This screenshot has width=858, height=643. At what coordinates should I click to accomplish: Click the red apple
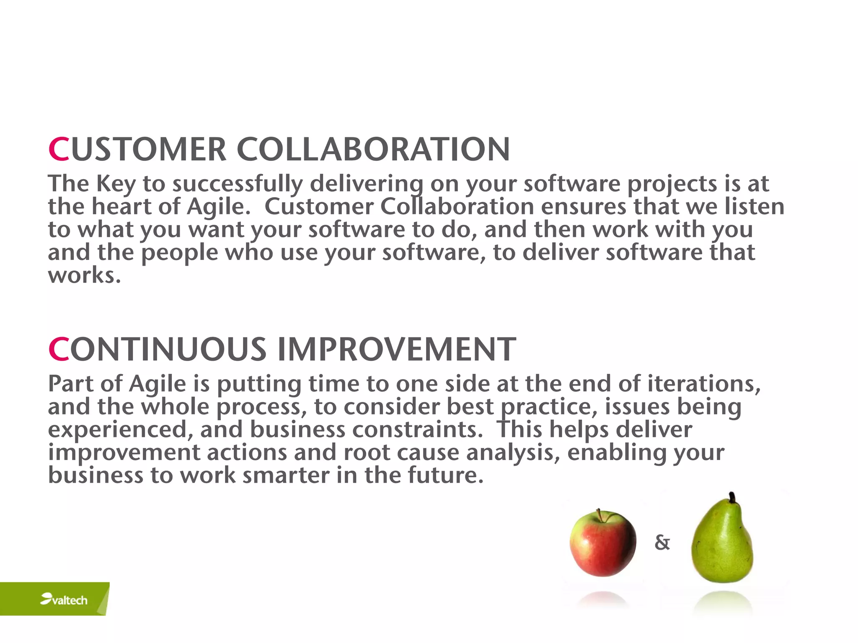(602, 543)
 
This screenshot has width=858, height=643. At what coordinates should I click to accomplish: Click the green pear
(722, 544)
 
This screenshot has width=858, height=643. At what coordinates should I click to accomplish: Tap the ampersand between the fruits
(662, 543)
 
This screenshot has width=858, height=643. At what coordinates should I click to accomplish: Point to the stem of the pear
(732, 498)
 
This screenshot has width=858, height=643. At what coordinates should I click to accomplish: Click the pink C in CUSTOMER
(58, 149)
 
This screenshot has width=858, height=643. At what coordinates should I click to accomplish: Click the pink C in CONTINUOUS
(58, 350)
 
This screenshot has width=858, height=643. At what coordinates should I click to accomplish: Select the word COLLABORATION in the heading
(373, 149)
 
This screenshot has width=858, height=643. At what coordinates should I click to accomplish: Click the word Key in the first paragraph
(116, 184)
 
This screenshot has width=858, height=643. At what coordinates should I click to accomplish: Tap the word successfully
(238, 184)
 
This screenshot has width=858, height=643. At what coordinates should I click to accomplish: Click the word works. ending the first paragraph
(84, 276)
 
